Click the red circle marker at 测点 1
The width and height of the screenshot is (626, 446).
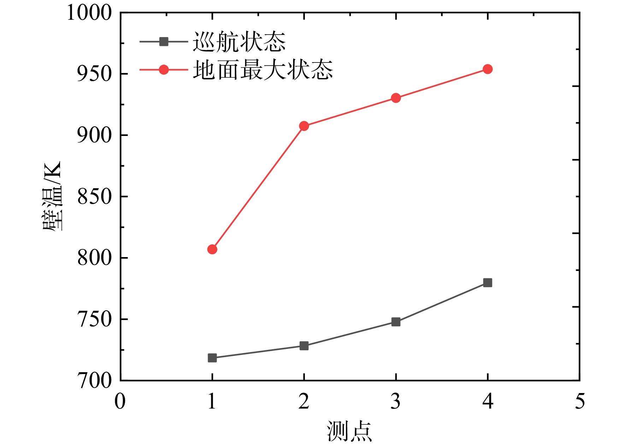212,249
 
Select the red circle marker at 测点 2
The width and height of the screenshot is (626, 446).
304,126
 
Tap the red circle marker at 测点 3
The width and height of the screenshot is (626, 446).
396,98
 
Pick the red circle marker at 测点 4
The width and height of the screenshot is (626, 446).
488,69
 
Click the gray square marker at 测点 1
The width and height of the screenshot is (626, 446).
212,358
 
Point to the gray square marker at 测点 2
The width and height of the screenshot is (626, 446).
304,346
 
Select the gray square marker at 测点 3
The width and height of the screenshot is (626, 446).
396,322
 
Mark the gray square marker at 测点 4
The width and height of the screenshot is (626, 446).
488,283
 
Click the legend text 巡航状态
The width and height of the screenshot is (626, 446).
239,42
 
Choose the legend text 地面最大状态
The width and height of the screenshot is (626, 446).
263,70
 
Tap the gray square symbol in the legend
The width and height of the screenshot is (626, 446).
164,42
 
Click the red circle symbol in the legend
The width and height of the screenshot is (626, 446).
164,70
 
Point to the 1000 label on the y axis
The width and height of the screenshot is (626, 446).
89,13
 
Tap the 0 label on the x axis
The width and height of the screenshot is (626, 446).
120,402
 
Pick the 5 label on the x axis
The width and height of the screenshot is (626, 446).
580,402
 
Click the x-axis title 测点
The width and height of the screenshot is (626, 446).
349,431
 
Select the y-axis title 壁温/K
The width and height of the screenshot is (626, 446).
52,196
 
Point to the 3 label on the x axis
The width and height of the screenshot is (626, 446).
396,402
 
